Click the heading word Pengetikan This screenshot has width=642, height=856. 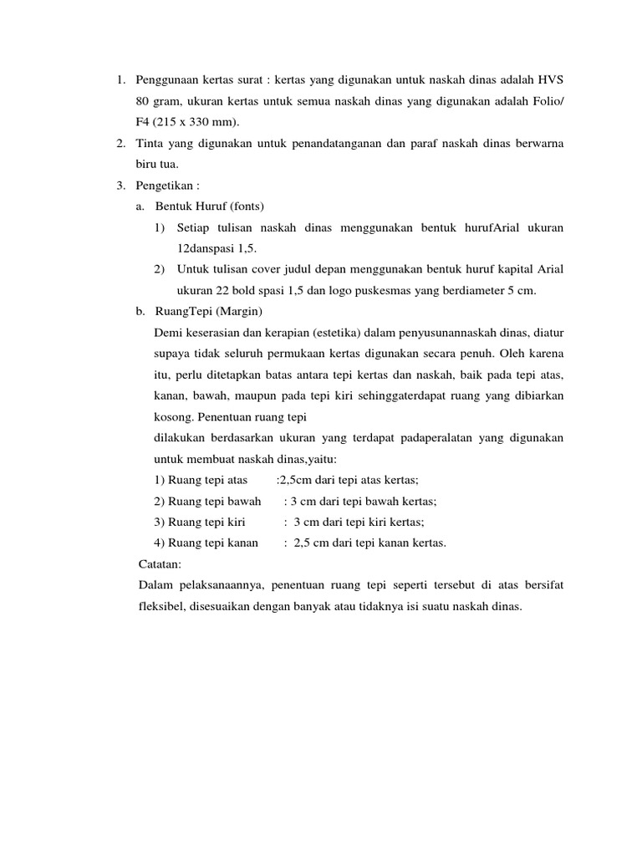164,186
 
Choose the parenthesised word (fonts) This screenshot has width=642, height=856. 243,206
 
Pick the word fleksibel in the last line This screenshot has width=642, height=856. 166,607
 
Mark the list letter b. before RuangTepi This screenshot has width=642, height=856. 140,312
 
